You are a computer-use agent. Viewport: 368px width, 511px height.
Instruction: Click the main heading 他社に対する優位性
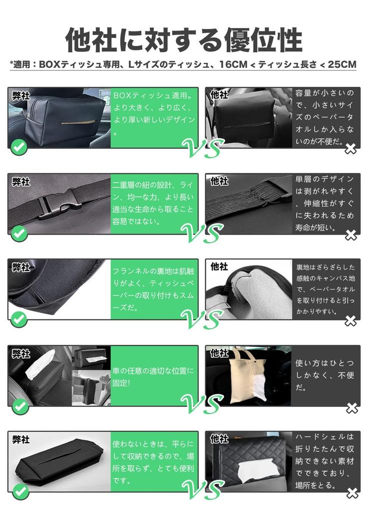[184, 40]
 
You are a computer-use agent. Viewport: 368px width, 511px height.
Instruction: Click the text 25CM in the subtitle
[342, 64]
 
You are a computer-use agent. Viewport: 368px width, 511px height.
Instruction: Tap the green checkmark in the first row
[19, 147]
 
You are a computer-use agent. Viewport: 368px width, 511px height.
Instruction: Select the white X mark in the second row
[351, 235]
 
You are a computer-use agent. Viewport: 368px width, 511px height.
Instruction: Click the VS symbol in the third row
[202, 318]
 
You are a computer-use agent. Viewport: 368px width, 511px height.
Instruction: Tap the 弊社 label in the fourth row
[21, 353]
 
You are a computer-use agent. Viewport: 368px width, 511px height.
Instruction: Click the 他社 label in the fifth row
[219, 439]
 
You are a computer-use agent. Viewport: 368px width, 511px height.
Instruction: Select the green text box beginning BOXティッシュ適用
[154, 117]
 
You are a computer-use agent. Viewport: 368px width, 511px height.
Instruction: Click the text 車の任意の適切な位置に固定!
[153, 376]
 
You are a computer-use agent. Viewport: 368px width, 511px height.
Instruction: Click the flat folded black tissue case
[59, 463]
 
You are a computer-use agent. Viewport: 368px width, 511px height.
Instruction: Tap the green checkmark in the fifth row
[20, 491]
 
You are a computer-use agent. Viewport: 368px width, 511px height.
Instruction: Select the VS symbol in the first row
[203, 148]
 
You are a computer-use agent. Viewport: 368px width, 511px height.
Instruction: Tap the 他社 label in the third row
[219, 266]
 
